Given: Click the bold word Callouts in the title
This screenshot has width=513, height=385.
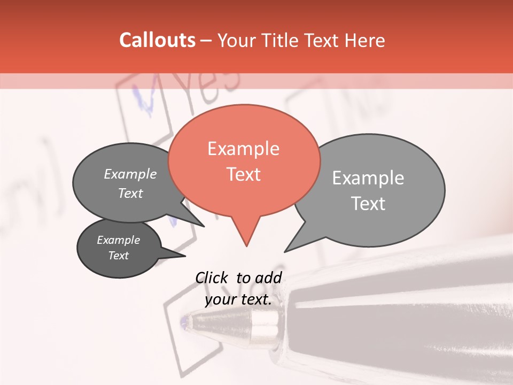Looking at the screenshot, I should coord(157,40).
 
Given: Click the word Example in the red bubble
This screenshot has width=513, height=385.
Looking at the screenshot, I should coord(243,149).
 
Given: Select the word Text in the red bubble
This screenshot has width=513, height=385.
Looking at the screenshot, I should coord(244,174).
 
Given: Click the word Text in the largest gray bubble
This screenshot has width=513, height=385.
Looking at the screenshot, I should coord(369,204).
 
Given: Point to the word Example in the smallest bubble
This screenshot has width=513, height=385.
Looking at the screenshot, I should coord(118,240).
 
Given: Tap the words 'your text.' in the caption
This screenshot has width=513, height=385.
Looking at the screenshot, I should coord(238,299).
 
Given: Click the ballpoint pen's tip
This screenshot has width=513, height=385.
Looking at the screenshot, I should coord(185,322).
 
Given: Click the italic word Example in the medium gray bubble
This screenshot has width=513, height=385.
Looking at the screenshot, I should coord(130,174).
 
